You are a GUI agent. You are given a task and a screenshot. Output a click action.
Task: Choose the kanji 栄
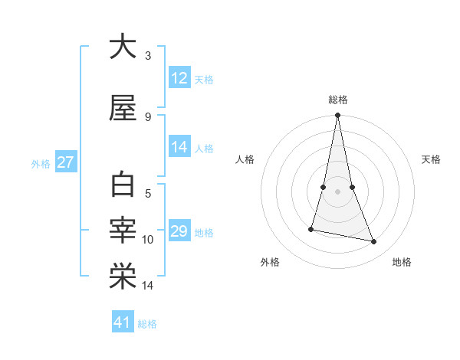(x=122, y=275)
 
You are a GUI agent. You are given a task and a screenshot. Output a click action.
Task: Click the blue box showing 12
(x=179, y=78)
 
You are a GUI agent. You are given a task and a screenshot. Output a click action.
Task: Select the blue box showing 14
(x=179, y=148)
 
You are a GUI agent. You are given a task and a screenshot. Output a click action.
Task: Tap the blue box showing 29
(x=179, y=231)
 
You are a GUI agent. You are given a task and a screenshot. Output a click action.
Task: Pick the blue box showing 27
(x=65, y=162)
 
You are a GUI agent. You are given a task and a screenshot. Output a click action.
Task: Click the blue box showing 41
(x=123, y=322)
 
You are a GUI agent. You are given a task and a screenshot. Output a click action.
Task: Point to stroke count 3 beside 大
(x=148, y=56)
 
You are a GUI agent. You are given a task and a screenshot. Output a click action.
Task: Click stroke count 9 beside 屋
(x=148, y=116)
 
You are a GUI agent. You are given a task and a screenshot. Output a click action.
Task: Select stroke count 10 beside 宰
(x=148, y=240)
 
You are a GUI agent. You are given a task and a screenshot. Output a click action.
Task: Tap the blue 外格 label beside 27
(x=40, y=163)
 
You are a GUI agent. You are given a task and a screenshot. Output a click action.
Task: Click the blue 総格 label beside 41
(x=147, y=324)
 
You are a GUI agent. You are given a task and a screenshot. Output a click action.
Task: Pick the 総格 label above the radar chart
(x=337, y=100)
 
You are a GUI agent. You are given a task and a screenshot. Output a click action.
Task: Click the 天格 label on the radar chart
(x=431, y=159)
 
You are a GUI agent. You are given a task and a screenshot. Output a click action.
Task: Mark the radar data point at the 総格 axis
(x=337, y=115)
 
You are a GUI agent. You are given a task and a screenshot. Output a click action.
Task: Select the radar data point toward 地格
(x=374, y=242)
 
